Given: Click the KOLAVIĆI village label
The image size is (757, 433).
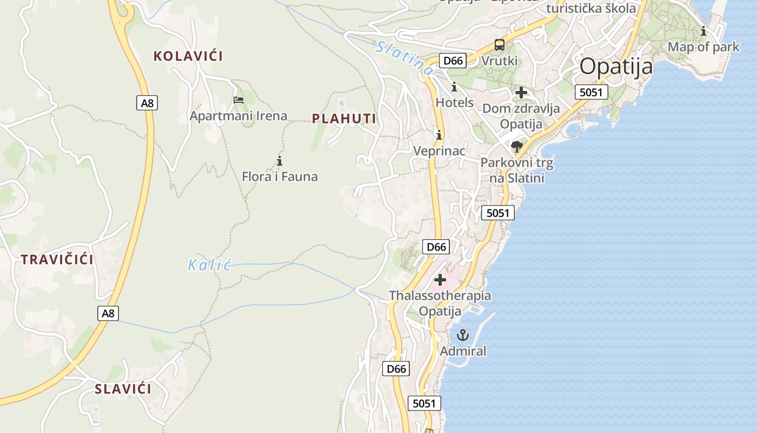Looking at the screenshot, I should click(188, 56).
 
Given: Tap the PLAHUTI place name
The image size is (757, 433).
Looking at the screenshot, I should click(344, 119).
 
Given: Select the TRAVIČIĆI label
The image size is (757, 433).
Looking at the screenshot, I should click(57, 259).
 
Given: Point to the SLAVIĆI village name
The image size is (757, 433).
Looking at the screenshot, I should click(123, 389).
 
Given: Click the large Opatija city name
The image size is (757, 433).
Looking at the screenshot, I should click(616, 67).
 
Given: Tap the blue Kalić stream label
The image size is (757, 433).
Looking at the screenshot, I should click(210, 265).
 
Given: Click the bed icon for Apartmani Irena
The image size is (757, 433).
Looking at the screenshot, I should click(238, 100).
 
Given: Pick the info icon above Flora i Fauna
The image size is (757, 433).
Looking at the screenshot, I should click(280, 161).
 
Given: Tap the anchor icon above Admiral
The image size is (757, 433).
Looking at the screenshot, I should click(462, 335).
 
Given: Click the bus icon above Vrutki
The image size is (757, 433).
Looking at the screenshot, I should click(500, 45).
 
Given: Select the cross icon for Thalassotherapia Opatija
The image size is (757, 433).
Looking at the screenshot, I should click(440, 280).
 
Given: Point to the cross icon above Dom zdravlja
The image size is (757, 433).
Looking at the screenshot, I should click(521, 93).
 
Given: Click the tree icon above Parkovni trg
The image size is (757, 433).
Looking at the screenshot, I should click(517, 147).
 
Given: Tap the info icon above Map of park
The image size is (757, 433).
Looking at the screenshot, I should click(703, 31).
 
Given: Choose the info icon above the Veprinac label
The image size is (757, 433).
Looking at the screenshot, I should click(439, 135).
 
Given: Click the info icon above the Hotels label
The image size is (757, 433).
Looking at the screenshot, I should click(454, 87).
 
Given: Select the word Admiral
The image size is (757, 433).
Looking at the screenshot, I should click(463, 351).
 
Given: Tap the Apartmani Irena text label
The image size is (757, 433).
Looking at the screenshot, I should click(238, 116).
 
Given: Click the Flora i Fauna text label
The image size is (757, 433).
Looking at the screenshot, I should click(280, 176).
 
